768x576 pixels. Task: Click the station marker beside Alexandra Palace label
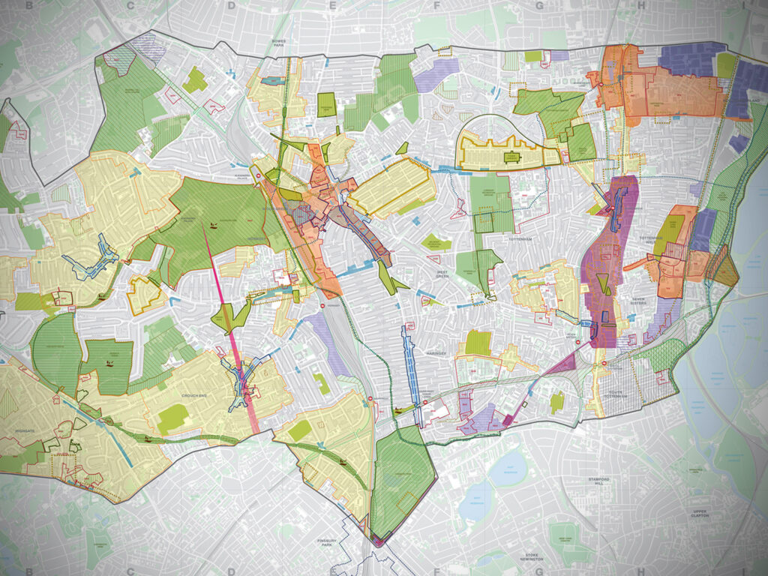click(x=257, y=175)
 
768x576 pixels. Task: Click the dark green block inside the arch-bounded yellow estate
click(x=511, y=157)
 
